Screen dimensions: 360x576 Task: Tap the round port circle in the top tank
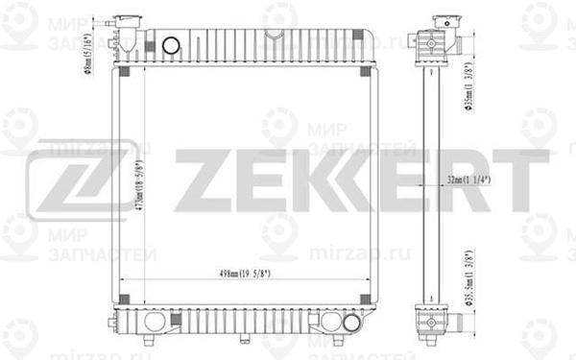(x=171, y=45)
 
